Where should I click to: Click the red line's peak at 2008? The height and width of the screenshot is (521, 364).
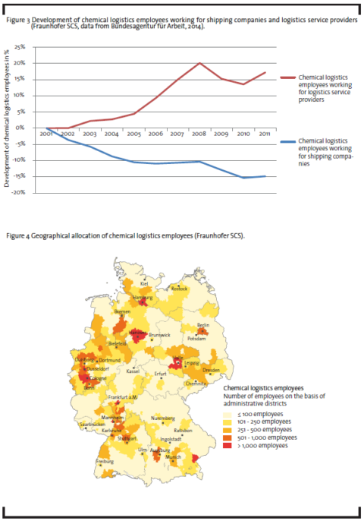point(199,63)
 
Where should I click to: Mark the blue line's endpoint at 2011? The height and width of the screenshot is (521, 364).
point(265,176)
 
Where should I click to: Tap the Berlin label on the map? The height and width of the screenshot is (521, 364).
point(202,324)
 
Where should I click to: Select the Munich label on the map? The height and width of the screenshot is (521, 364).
point(174,456)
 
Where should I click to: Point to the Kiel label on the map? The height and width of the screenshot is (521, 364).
point(144,283)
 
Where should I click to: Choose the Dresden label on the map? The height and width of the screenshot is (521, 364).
point(211,371)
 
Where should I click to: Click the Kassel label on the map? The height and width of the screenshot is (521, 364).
point(133,371)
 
